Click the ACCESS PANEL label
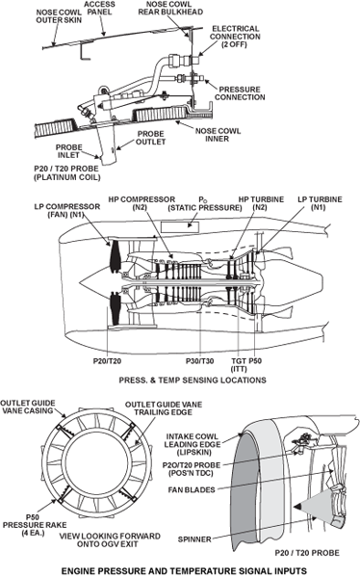(x=99, y=8)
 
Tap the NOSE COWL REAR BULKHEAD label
(x=170, y=8)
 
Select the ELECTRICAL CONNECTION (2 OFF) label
(x=235, y=37)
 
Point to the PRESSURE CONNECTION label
(x=240, y=93)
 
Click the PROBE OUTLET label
(x=151, y=138)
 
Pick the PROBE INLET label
(x=68, y=151)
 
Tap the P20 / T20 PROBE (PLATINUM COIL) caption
(x=66, y=172)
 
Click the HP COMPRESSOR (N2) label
(x=141, y=203)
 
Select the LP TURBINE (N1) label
(x=320, y=203)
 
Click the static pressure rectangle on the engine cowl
(x=180, y=226)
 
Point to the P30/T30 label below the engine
(x=199, y=361)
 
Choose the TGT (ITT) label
(x=239, y=364)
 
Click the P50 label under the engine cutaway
(x=255, y=361)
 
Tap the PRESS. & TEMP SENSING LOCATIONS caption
(x=193, y=381)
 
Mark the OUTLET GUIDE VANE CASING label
(x=28, y=407)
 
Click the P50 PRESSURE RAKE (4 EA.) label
(x=35, y=525)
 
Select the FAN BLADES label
(x=192, y=489)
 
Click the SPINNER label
(x=194, y=539)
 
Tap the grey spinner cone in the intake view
(x=313, y=508)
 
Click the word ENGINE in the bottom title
(x=77, y=570)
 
